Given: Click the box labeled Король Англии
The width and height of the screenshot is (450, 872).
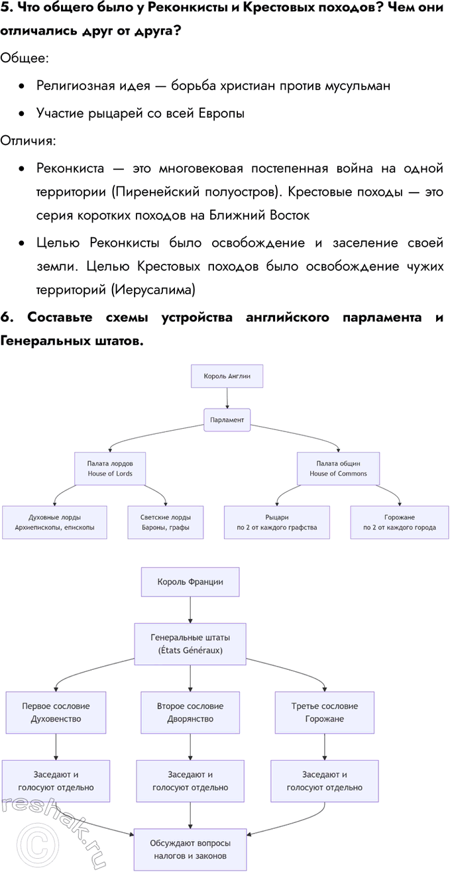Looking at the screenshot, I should tap(227, 377).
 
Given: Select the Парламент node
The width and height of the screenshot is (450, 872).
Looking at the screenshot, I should tap(227, 420).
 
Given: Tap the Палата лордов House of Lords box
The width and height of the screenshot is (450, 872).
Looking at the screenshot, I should tap(110, 468).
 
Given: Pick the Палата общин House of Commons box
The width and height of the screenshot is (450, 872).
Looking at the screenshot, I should tap(338, 468).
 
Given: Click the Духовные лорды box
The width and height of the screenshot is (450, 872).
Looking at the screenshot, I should tap(54, 522).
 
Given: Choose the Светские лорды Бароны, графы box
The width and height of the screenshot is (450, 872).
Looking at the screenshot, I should tap(166, 522).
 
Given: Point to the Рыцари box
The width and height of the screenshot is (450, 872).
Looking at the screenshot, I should tap(277, 522).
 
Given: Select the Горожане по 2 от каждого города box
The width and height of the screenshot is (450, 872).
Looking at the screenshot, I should tap(400, 522).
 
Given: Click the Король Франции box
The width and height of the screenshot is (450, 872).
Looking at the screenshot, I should tap(190, 582).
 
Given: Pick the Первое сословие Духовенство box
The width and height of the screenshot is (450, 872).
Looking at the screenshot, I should tap(56, 712).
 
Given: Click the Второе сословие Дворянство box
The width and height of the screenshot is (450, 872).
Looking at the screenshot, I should tap(190, 712).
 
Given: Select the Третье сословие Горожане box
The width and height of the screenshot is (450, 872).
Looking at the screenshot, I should tap(325, 712).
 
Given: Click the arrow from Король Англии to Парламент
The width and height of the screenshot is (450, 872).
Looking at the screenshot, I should tap(227, 398).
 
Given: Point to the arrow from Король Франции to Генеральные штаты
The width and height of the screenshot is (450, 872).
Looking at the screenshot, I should tap(190, 610).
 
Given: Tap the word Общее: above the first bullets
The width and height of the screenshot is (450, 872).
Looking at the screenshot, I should tap(24, 58).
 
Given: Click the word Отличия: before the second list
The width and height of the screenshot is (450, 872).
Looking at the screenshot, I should tap(28, 140).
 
